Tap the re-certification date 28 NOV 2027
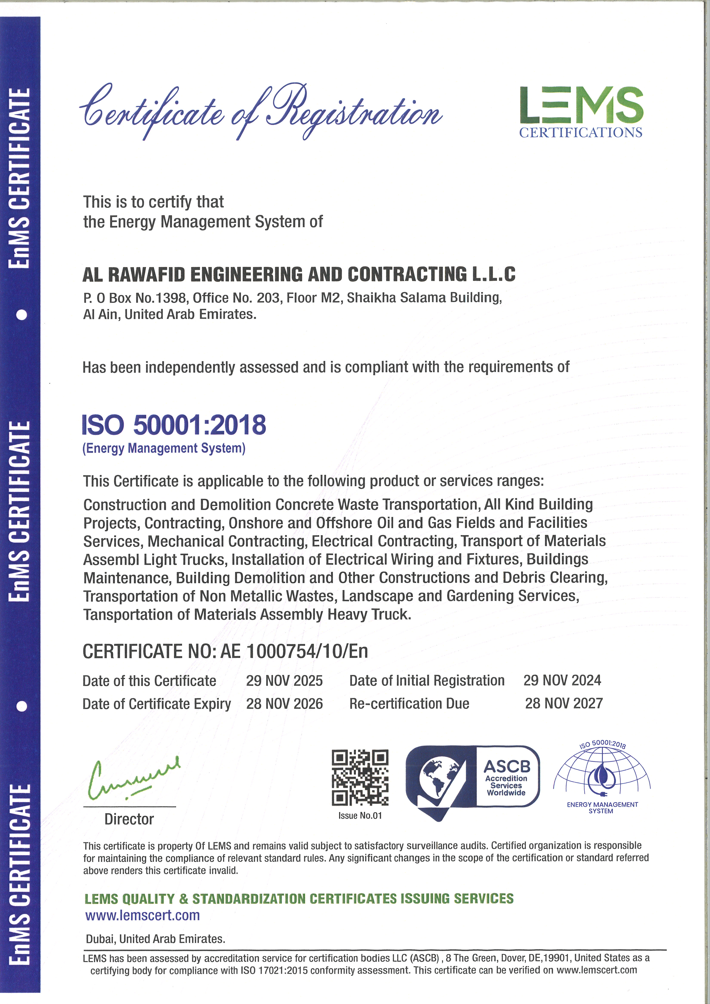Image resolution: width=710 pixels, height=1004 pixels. tap(564, 704)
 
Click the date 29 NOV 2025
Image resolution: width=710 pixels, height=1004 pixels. tap(284, 681)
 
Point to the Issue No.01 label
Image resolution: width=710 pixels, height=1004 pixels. tap(360, 815)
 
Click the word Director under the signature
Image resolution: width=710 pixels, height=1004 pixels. tap(129, 819)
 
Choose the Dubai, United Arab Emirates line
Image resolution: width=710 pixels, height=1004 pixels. tap(155, 939)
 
